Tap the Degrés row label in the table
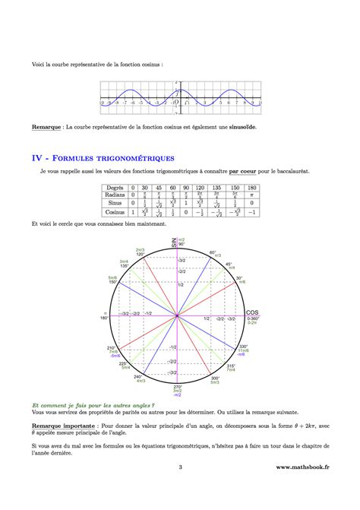click(115, 187)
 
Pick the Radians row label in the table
click(115, 195)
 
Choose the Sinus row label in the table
click(115, 204)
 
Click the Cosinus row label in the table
click(115, 213)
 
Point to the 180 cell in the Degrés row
click(251, 187)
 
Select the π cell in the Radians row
click(251, 195)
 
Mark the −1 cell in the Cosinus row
click(251, 213)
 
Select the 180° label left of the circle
click(107, 318)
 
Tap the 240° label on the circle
click(138, 376)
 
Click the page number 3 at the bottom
click(180, 489)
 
